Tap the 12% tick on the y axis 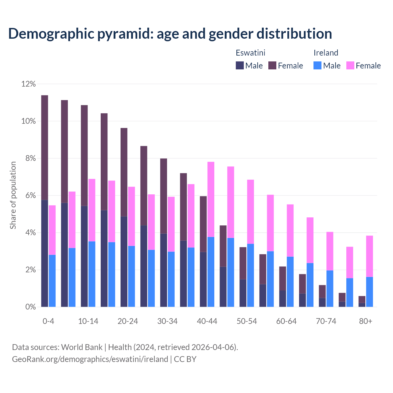coord(29,84)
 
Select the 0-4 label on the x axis coord(48,321)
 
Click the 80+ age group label coord(366,321)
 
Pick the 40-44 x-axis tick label coord(207,321)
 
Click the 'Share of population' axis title coord(13,195)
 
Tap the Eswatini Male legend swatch coord(240,65)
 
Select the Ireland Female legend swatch coord(350,65)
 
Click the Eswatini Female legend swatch coord(272,65)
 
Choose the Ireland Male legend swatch coord(317,65)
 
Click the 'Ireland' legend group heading coord(326,53)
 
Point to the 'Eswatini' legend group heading coord(250,53)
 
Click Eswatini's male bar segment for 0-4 coord(45,253)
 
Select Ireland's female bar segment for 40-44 coord(211,199)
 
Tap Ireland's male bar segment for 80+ coord(370,292)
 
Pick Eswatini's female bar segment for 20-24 coord(124,172)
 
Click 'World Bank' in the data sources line coord(82,347)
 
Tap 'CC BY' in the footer coord(185,359)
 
